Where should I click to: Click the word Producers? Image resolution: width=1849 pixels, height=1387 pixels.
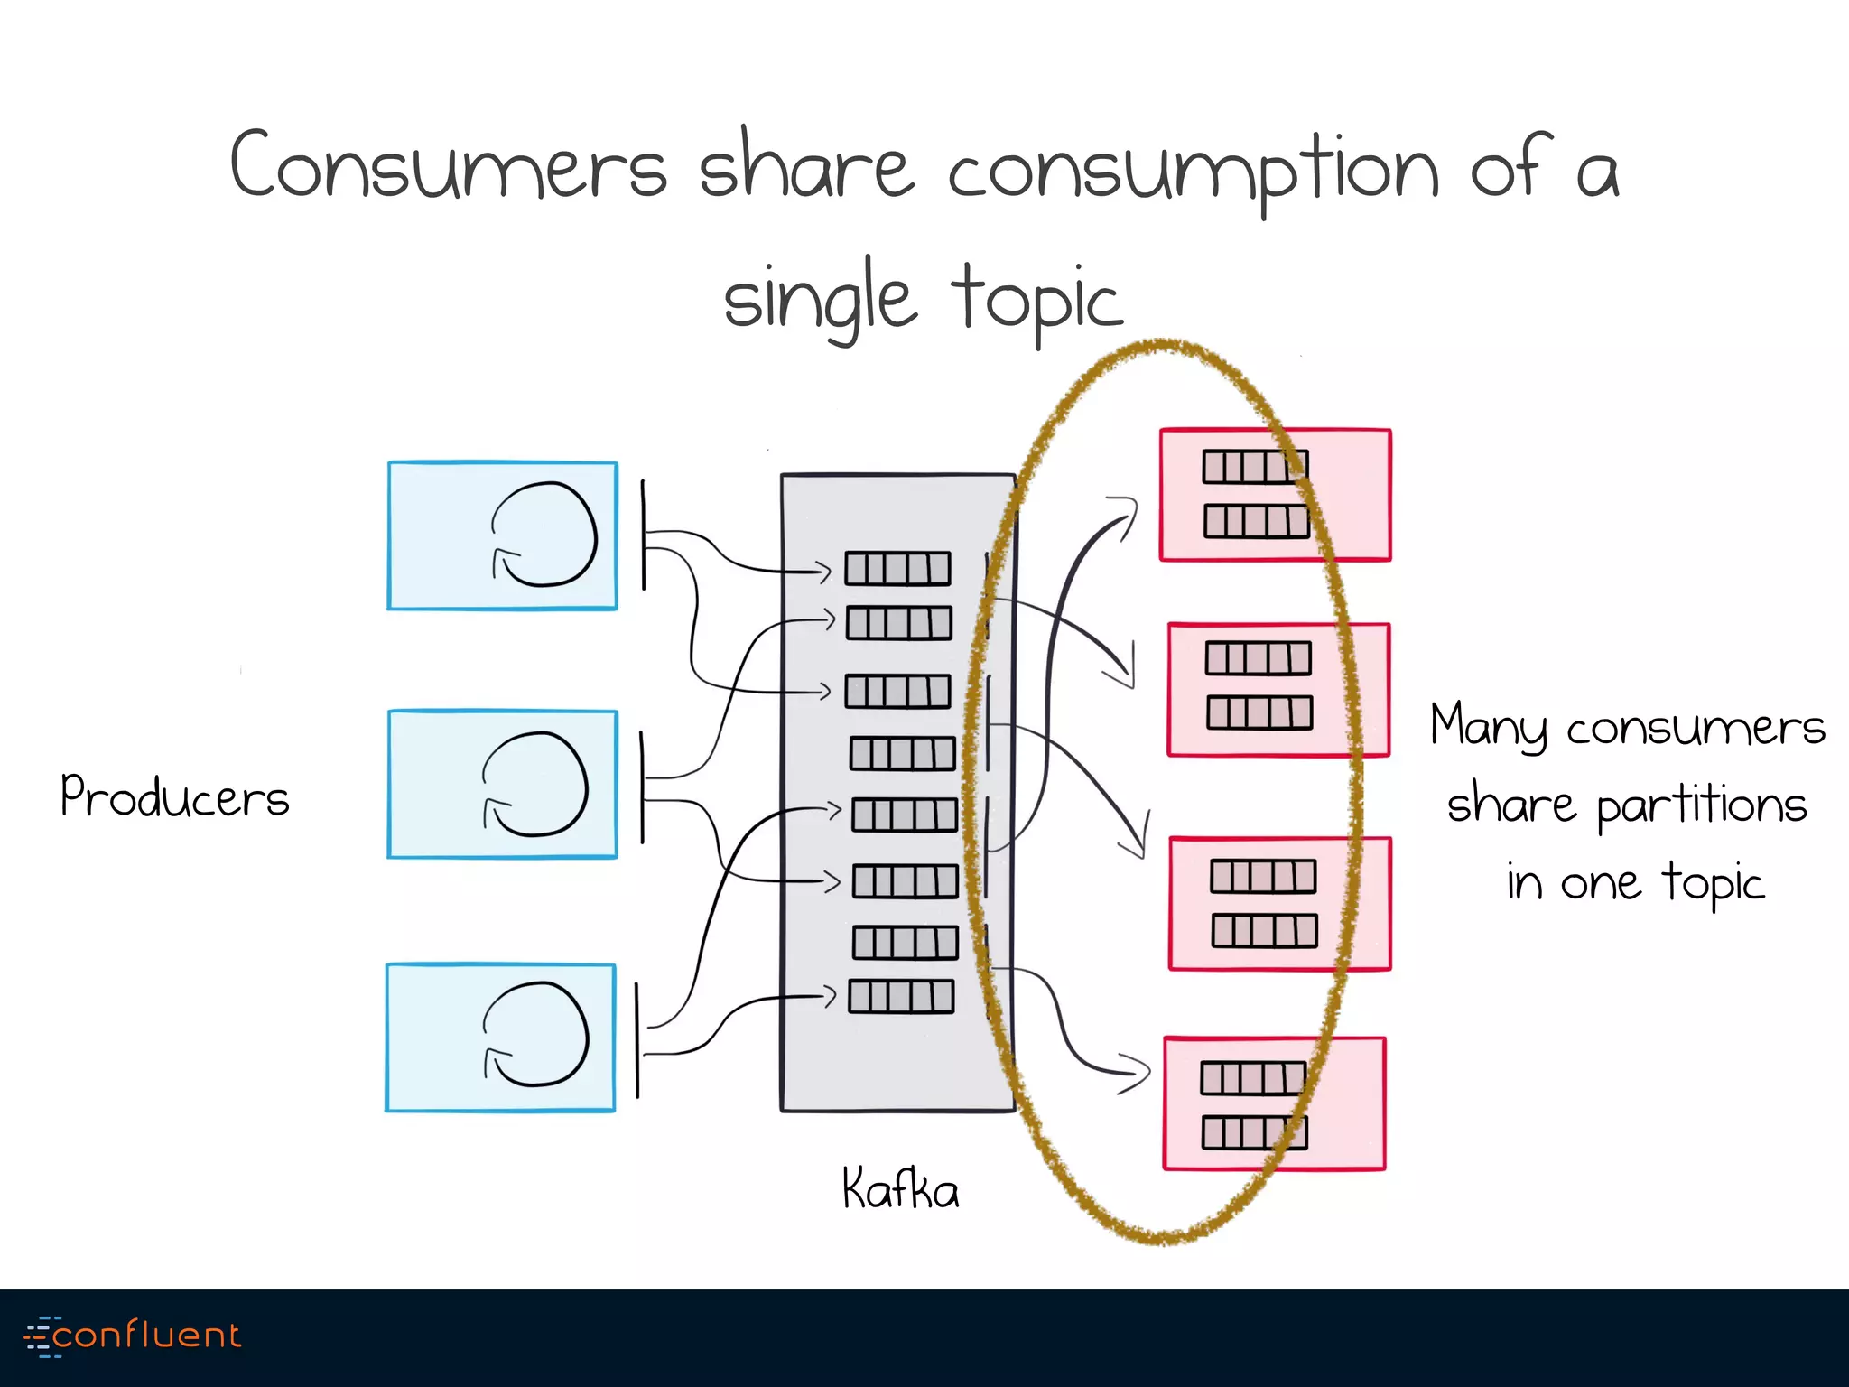(174, 796)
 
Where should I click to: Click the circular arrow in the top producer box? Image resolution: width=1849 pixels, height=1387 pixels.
(544, 535)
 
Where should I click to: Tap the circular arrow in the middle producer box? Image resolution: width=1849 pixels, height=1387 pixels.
(534, 784)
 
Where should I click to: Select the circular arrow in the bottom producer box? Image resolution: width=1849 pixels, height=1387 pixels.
(535, 1034)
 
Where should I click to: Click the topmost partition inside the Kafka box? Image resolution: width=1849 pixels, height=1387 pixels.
(897, 569)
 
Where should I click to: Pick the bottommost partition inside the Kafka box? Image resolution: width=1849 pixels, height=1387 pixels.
(901, 997)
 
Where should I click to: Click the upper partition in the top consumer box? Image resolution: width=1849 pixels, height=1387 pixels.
(1255, 467)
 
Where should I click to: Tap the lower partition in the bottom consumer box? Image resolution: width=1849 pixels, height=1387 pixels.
(1254, 1132)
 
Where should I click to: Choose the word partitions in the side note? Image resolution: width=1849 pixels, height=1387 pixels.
(1701, 805)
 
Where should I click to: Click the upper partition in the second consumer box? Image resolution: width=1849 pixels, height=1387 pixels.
(1258, 658)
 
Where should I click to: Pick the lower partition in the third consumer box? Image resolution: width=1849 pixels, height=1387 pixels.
(1264, 930)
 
